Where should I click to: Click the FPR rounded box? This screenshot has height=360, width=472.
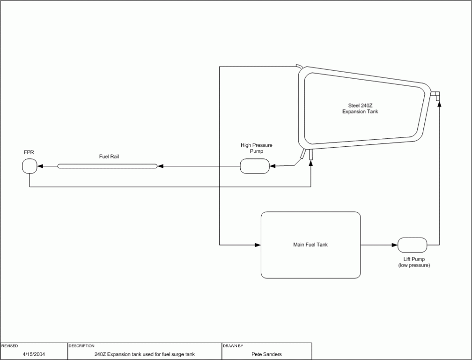click(29, 166)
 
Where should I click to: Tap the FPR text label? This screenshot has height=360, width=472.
click(29, 153)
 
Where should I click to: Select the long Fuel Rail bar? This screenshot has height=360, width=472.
click(107, 166)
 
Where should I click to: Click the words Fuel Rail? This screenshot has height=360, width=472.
click(109, 157)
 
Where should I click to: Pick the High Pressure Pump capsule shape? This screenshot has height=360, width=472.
click(255, 166)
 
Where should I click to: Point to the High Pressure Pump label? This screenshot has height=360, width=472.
click(256, 148)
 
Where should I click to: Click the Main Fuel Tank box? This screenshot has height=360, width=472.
click(310, 245)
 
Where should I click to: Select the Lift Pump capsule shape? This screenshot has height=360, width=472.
click(412, 245)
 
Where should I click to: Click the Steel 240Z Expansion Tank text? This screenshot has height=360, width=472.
click(360, 108)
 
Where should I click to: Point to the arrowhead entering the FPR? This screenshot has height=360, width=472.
click(40, 166)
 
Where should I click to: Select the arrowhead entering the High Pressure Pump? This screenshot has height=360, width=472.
click(273, 166)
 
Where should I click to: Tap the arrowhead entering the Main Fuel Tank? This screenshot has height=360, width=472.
click(258, 245)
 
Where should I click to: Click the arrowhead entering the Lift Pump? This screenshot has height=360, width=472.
click(394, 245)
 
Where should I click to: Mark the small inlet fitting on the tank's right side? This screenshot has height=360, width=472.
click(436, 95)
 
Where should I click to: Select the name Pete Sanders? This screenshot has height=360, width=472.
click(266, 354)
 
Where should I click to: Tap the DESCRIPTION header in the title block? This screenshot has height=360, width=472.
click(81, 346)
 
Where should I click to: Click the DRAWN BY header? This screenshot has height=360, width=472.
click(233, 346)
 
